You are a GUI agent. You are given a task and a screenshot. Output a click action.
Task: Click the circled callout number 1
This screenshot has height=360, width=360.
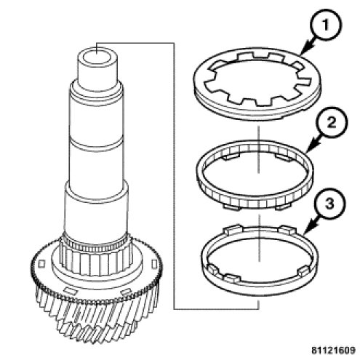point(326,25)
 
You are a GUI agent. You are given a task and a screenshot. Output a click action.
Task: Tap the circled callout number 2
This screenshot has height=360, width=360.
point(332,123)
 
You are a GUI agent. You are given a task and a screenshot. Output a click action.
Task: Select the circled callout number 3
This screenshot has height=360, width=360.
point(329,204)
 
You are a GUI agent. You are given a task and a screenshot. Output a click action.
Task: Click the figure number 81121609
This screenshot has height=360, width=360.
point(333,350)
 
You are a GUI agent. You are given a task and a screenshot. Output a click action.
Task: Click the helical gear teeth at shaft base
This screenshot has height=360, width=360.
point(97,320)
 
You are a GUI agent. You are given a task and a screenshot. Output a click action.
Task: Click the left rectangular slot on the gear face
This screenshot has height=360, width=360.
point(41,264)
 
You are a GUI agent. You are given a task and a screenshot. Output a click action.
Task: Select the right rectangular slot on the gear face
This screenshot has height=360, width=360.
point(154,264)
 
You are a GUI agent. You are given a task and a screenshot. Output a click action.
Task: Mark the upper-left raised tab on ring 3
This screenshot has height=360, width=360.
point(233,229)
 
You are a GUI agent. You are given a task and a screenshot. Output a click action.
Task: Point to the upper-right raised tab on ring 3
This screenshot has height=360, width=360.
point(287,230)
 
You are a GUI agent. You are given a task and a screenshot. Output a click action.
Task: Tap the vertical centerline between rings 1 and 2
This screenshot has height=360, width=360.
point(259,148)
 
